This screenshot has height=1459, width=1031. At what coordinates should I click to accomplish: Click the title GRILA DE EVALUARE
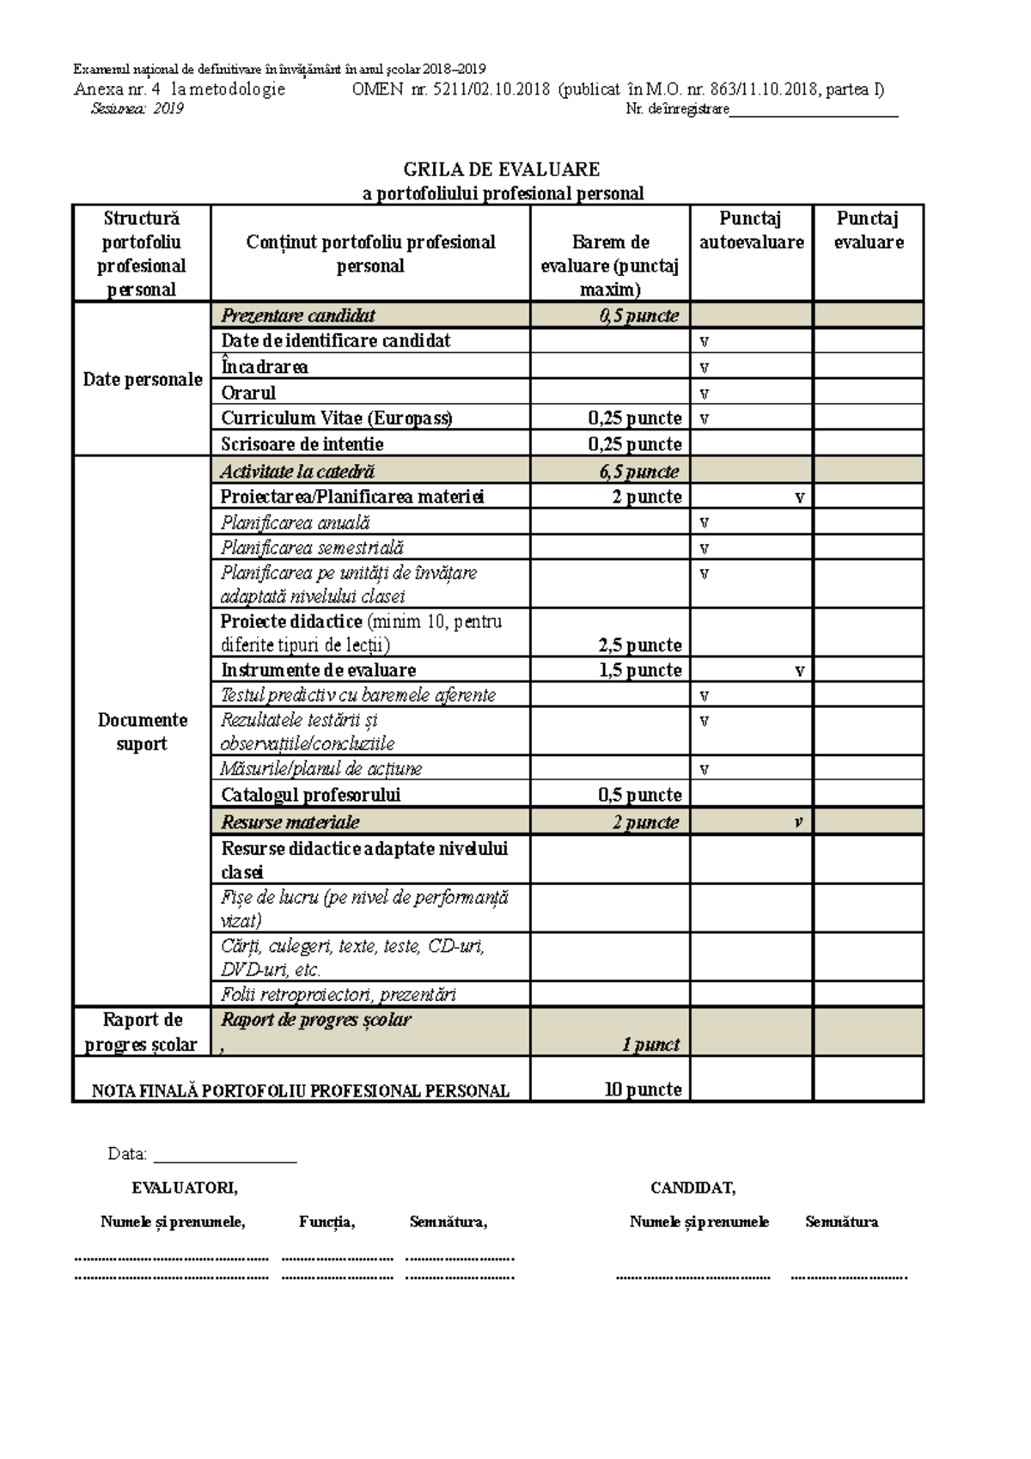click(x=502, y=169)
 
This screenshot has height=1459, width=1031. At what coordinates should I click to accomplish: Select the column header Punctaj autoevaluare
click(x=751, y=230)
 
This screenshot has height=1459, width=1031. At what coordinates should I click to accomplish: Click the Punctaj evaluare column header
click(x=868, y=230)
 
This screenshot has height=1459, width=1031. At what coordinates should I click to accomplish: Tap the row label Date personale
click(x=143, y=379)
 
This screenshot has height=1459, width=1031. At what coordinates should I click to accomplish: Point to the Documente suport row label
click(x=143, y=731)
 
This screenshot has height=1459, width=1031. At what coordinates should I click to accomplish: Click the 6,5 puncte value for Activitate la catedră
click(x=639, y=471)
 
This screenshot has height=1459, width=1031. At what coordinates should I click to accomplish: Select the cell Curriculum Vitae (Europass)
click(x=336, y=418)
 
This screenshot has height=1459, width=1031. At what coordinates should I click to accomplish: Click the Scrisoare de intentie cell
click(x=302, y=444)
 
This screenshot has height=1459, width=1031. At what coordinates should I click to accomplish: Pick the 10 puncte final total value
click(x=643, y=1090)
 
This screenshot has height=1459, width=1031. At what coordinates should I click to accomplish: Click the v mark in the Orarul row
click(x=705, y=394)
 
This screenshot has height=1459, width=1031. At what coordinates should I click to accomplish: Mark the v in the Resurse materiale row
click(x=798, y=822)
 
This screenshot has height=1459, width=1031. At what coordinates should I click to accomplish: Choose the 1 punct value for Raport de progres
click(x=650, y=1045)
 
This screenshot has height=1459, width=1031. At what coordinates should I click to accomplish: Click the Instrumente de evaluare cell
click(x=319, y=670)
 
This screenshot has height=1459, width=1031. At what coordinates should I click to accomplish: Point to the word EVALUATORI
click(x=185, y=1188)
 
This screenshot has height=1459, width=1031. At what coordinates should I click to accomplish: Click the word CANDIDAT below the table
click(x=692, y=1188)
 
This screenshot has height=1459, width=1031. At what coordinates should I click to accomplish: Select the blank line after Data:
click(x=225, y=1156)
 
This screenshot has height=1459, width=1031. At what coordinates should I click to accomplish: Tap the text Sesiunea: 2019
click(x=137, y=109)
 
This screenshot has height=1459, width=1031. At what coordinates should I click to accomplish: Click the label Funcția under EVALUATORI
click(x=327, y=1222)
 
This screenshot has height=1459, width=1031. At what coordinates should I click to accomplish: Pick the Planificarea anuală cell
click(x=296, y=522)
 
